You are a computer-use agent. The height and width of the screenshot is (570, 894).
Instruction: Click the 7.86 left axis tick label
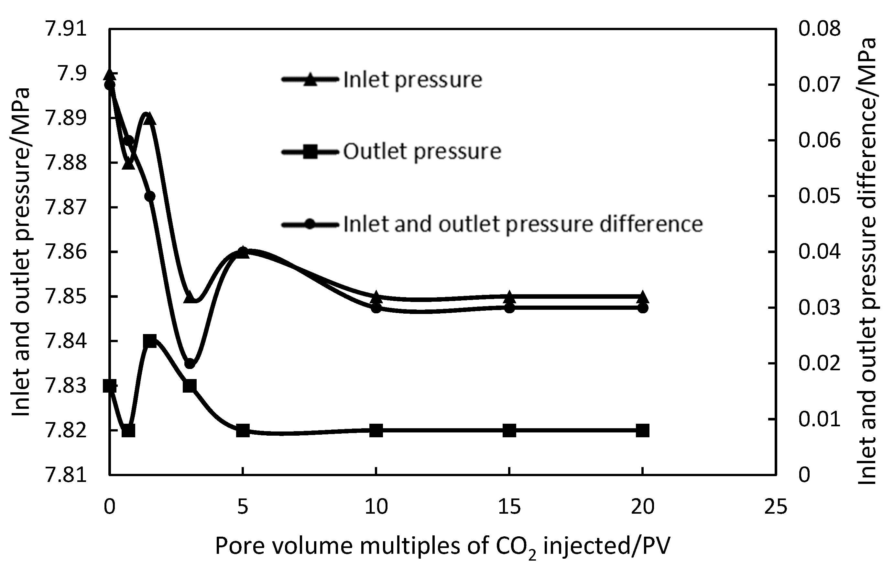[x=66, y=252]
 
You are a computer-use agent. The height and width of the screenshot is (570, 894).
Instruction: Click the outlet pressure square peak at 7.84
[x=150, y=341]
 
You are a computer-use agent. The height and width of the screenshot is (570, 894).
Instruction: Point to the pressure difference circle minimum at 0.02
[x=190, y=363]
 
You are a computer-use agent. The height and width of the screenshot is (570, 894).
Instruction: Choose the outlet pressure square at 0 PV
[x=110, y=386]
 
